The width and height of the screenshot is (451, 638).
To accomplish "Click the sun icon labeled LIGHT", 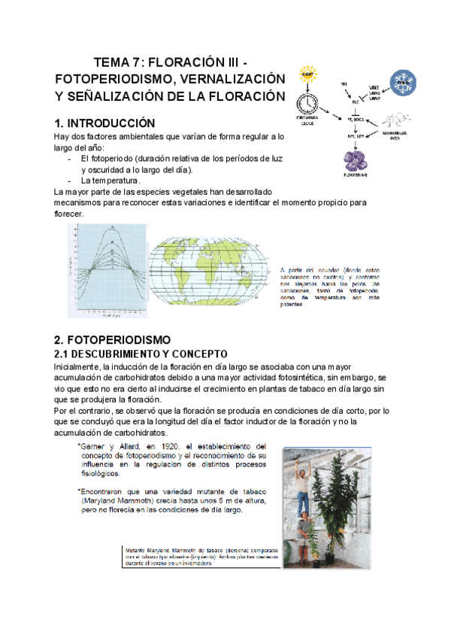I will click(x=307, y=75).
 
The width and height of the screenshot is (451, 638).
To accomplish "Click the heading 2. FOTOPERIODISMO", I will click(x=112, y=339).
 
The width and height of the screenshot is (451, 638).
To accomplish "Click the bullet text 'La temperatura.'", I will click(x=110, y=181).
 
